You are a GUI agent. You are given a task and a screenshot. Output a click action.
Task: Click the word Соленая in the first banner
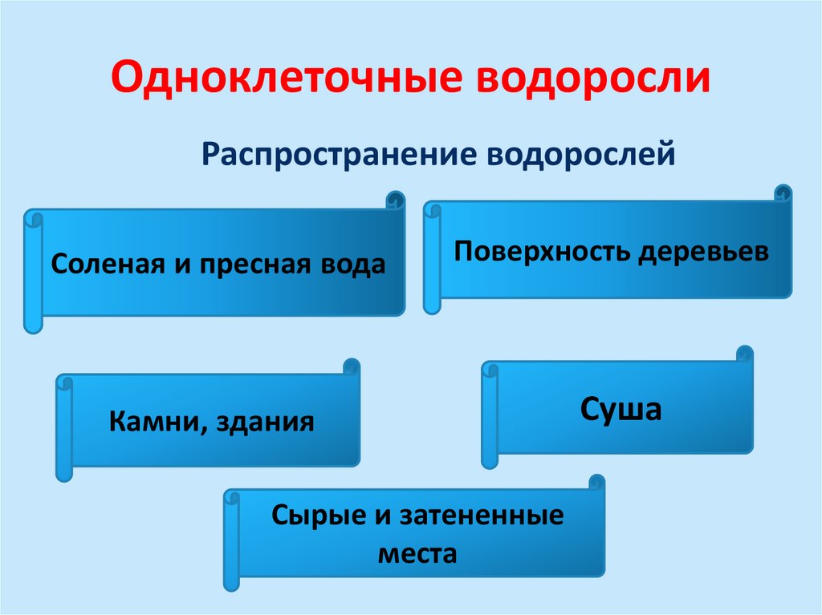click(108, 265)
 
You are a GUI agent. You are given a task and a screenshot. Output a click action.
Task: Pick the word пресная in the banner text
click(248, 265)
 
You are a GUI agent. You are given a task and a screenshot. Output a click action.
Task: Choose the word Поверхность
click(541, 252)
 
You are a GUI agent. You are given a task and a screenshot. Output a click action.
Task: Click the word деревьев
click(703, 252)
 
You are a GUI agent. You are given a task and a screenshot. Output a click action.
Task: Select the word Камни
click(153, 420)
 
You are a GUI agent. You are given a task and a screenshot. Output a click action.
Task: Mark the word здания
click(264, 420)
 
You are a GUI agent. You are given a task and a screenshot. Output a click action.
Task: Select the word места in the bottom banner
click(415, 554)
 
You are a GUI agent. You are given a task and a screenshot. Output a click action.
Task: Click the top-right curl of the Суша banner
click(744, 354)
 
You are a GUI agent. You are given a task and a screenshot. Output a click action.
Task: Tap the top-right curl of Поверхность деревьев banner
click(783, 193)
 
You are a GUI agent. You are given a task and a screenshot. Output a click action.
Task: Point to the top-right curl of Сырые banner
click(596, 483)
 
